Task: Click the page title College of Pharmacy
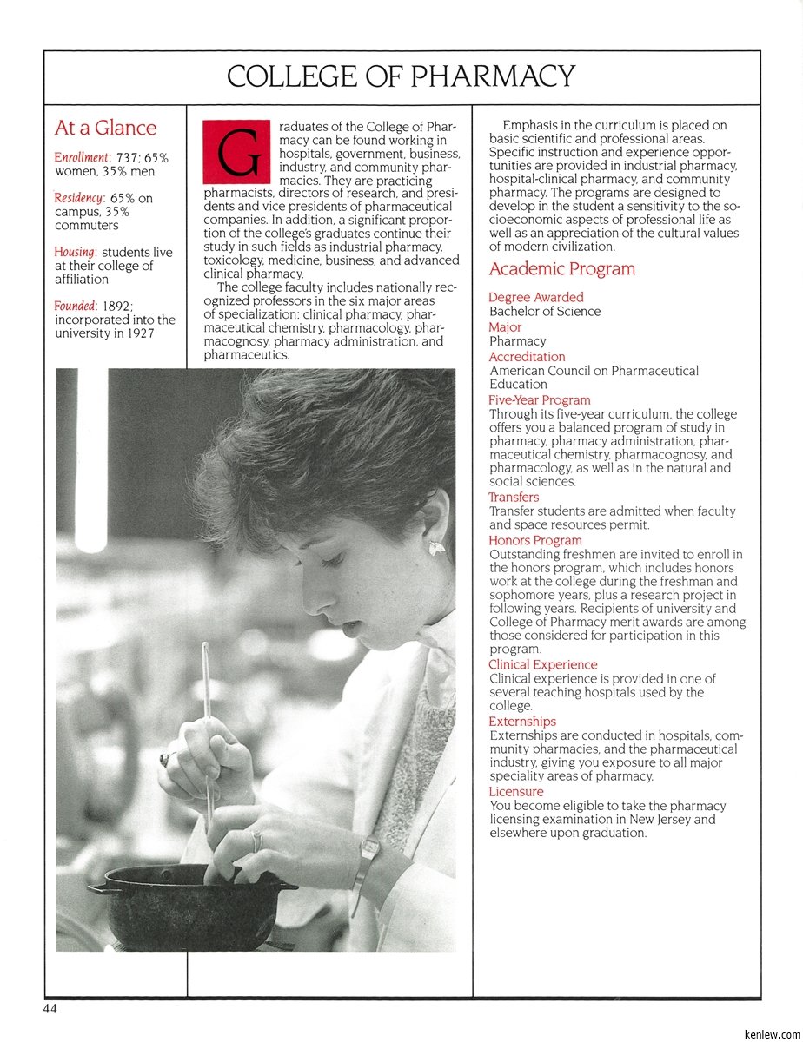pyautogui.click(x=401, y=76)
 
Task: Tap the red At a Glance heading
pyautogui.click(x=105, y=128)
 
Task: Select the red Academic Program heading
pyautogui.click(x=561, y=269)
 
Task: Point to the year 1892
pyautogui.click(x=116, y=306)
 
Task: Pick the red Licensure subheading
pyautogui.click(x=515, y=792)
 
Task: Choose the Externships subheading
pyautogui.click(x=521, y=722)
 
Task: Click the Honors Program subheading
pyautogui.click(x=534, y=540)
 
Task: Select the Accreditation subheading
pyautogui.click(x=527, y=357)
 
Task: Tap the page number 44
pyautogui.click(x=51, y=1009)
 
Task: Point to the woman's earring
pyautogui.click(x=436, y=547)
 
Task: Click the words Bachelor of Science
pyautogui.click(x=544, y=311)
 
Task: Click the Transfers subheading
pyautogui.click(x=514, y=498)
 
